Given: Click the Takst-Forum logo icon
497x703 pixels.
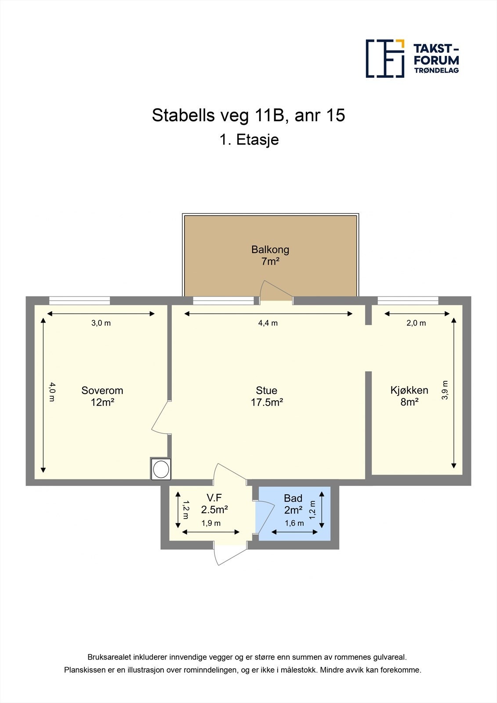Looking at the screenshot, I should pyautogui.click(x=385, y=58).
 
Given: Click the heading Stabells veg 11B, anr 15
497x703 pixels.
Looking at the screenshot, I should pyautogui.click(x=248, y=115).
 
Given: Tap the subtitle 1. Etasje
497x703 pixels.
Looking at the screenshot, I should pyautogui.click(x=249, y=140).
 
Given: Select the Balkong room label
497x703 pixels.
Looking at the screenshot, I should pyautogui.click(x=270, y=255).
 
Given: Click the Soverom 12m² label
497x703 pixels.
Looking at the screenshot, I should pyautogui.click(x=102, y=396).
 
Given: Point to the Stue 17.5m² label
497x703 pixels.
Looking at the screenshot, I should pyautogui.click(x=266, y=396).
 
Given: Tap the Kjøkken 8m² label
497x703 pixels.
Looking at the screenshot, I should pyautogui.click(x=409, y=396).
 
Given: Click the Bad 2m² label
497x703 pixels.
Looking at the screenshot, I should pyautogui.click(x=293, y=504).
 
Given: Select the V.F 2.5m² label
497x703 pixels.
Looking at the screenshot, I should pyautogui.click(x=214, y=504).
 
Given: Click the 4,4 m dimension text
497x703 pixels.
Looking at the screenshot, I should pyautogui.click(x=268, y=323).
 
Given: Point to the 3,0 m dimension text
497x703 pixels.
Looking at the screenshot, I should pyautogui.click(x=101, y=323).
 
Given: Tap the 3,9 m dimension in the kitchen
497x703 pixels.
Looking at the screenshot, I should pyautogui.click(x=445, y=390).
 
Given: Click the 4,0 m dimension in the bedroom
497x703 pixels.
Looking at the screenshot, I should pyautogui.click(x=52, y=392).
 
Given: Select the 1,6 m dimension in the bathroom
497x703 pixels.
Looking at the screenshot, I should pyautogui.click(x=294, y=523).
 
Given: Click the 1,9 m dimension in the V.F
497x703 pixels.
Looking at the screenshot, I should pyautogui.click(x=211, y=523).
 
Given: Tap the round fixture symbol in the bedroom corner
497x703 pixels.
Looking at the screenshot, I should pyautogui.click(x=161, y=469).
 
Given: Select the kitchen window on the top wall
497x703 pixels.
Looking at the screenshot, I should pyautogui.click(x=408, y=301).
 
